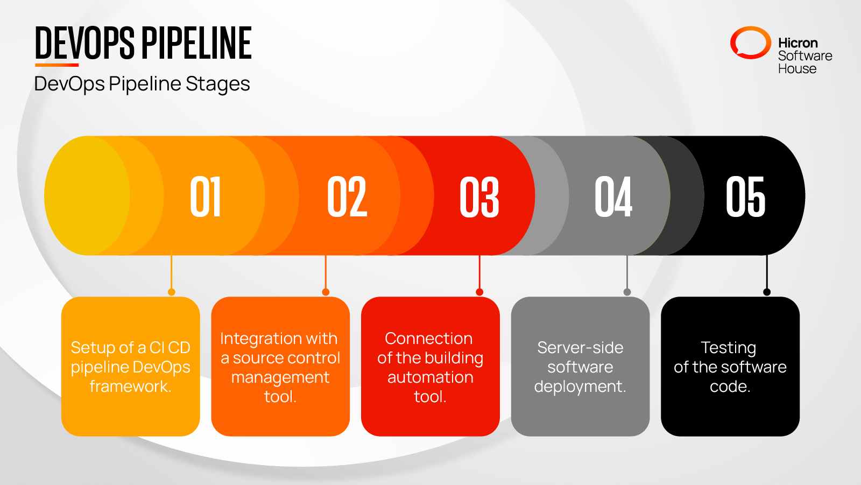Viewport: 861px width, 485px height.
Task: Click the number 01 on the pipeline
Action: tap(206, 197)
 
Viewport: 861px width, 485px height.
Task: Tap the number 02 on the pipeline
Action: tap(347, 197)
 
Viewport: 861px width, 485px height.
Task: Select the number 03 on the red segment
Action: tap(479, 197)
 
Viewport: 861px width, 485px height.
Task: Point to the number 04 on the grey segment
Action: tap(613, 197)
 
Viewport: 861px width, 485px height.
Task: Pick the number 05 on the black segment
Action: tap(745, 197)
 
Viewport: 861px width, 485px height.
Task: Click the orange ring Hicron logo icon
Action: tap(750, 43)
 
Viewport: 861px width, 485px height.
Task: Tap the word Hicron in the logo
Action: tap(798, 43)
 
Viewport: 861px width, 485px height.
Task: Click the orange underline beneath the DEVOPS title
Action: tap(57, 65)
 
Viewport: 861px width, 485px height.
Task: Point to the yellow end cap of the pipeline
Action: tap(81, 195)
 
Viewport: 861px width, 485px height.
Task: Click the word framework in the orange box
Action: tap(130, 386)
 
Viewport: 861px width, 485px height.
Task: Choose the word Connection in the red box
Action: tap(429, 339)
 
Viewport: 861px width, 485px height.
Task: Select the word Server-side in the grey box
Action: tap(580, 348)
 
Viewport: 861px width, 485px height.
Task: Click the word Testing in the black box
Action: tap(729, 348)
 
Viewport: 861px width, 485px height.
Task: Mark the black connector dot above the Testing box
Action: tap(767, 292)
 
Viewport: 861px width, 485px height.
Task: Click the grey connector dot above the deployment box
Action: tap(627, 292)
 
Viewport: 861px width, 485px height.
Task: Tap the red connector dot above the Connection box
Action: tap(479, 292)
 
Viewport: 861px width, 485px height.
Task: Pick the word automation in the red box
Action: tap(430, 377)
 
